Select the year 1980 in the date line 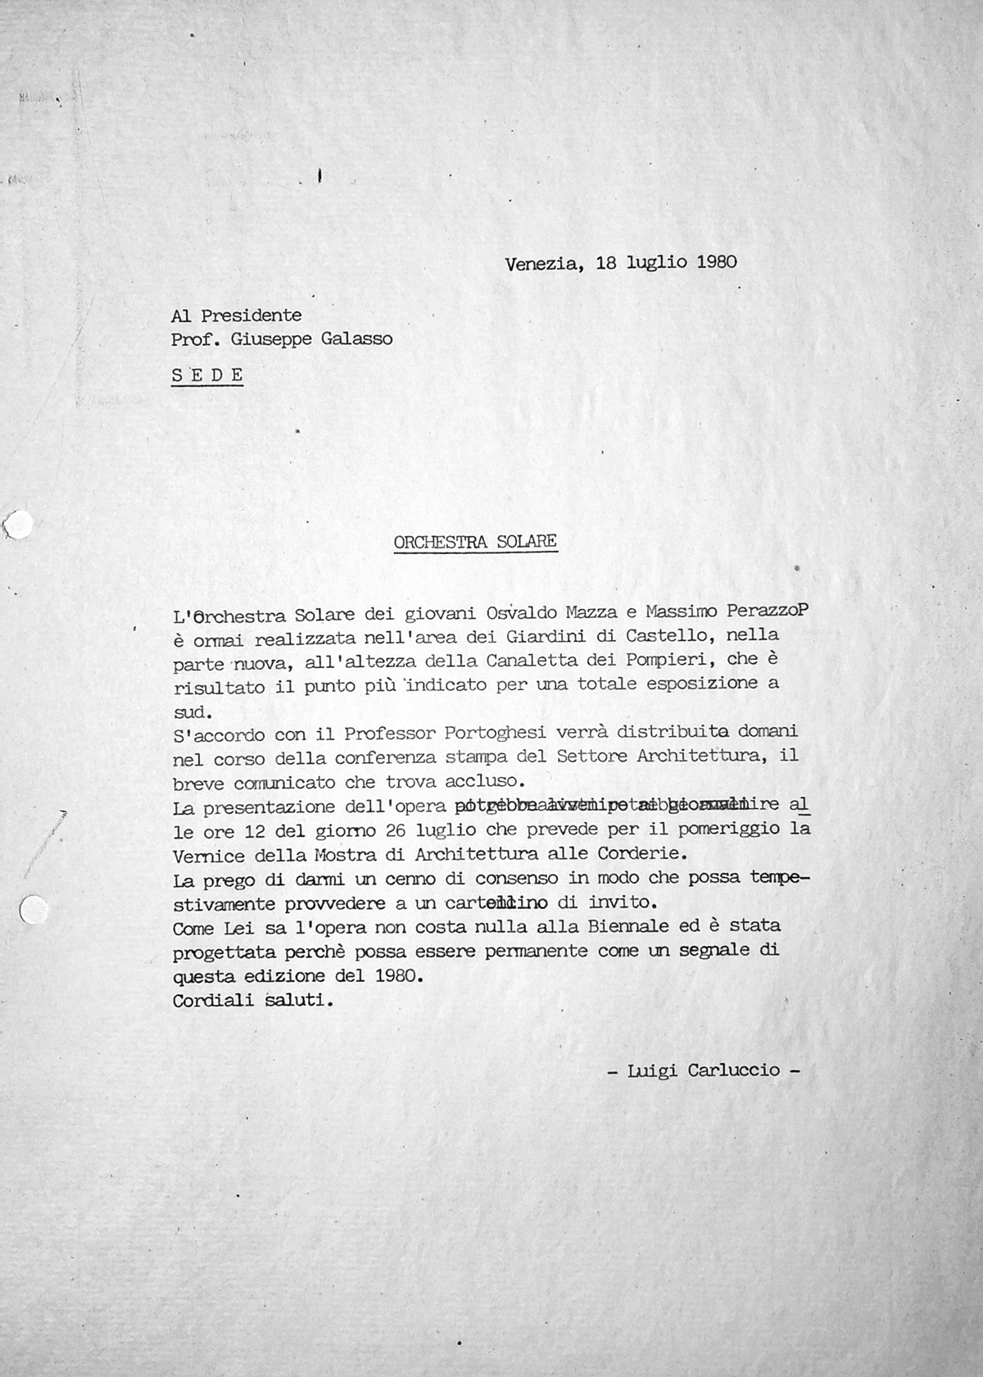pyautogui.click(x=716, y=262)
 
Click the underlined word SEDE pyautogui.click(x=207, y=375)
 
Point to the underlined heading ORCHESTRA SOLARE pyautogui.click(x=475, y=542)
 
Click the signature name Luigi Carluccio pyautogui.click(x=703, y=1070)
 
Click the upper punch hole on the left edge pyautogui.click(x=18, y=525)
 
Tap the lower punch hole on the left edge pyautogui.click(x=32, y=911)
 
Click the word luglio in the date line pyautogui.click(x=658, y=262)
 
